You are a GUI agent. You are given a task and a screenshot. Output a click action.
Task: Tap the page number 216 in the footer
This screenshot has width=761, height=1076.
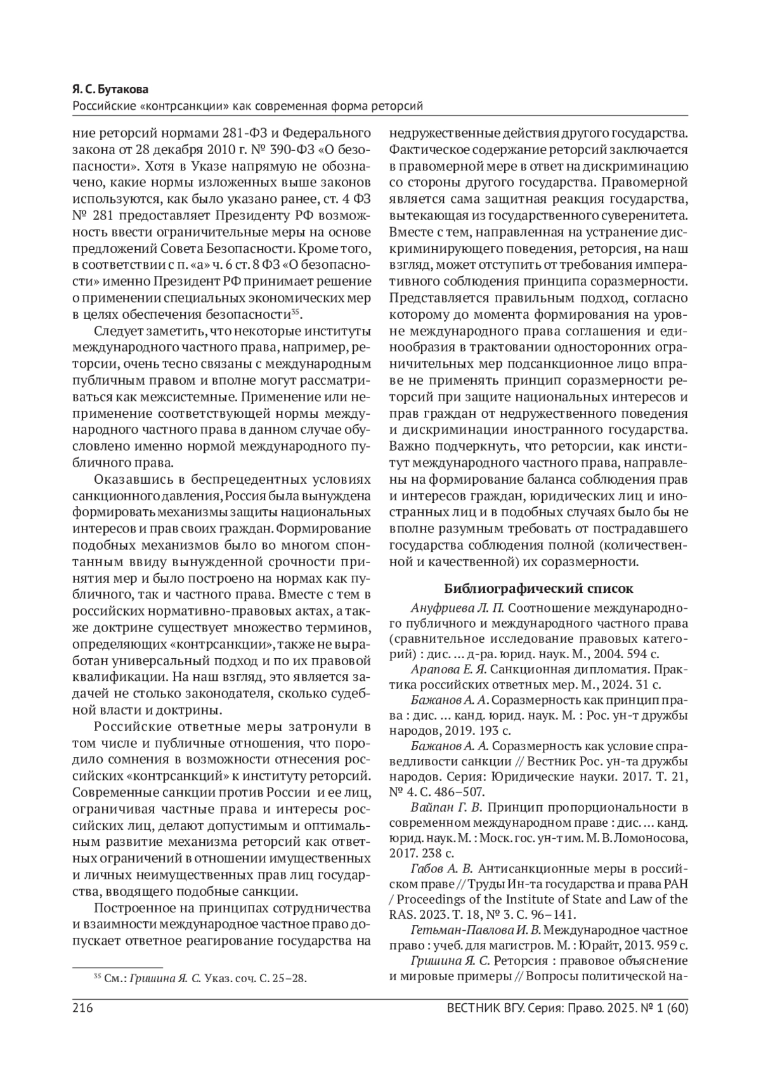[83, 1008]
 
